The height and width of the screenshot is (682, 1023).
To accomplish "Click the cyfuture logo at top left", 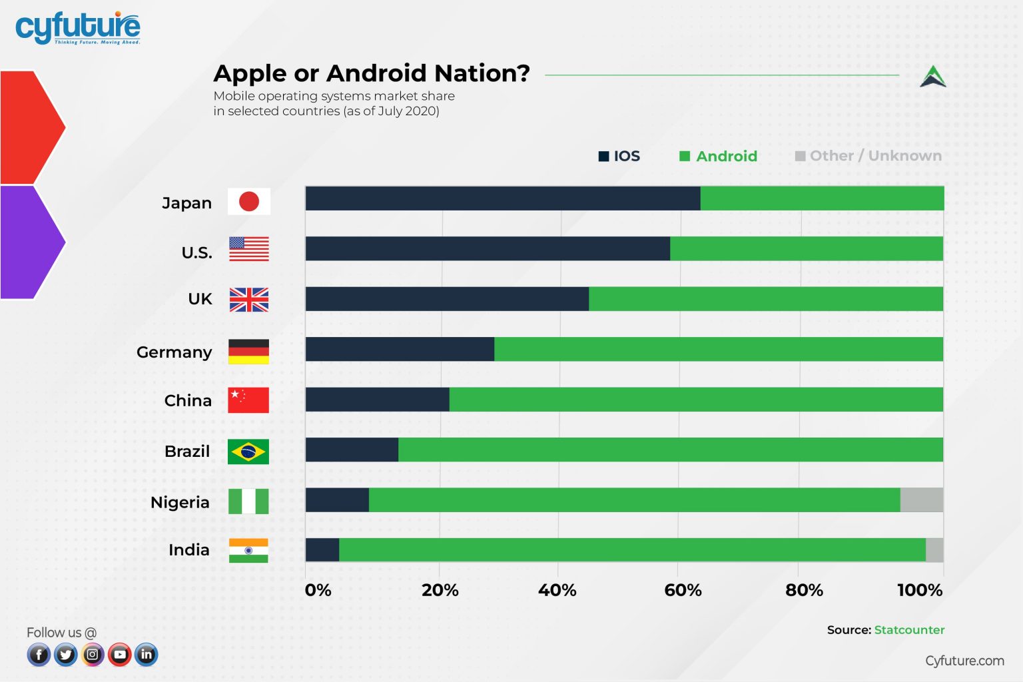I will click(77, 28).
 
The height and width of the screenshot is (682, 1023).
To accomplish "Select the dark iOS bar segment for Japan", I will click(502, 198).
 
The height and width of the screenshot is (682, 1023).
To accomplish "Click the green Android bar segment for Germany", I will click(718, 349).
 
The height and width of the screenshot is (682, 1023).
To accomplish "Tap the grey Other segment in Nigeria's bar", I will click(921, 500).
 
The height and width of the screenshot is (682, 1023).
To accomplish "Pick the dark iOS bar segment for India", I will click(322, 550).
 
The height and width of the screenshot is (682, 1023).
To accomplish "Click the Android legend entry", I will click(718, 156).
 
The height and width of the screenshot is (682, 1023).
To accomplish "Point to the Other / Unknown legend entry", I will click(868, 156).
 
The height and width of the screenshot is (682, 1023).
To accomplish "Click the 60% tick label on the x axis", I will click(683, 590).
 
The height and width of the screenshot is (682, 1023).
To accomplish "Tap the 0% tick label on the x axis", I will click(318, 590).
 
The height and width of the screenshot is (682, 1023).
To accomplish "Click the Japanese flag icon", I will click(249, 201).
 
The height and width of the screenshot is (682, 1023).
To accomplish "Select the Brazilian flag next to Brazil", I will click(248, 452).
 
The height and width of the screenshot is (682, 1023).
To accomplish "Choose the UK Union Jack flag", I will click(249, 300).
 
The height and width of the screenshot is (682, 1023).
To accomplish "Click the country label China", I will click(188, 400).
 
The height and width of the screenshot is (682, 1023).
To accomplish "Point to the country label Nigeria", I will click(180, 502).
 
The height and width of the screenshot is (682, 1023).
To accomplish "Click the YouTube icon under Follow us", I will click(120, 655).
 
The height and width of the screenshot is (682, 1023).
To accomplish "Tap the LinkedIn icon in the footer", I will click(147, 655).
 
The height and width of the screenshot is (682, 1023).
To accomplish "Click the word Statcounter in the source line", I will click(909, 630).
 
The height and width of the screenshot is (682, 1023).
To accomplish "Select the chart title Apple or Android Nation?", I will click(371, 73).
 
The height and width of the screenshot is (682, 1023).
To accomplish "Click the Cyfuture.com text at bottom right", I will click(964, 661).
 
